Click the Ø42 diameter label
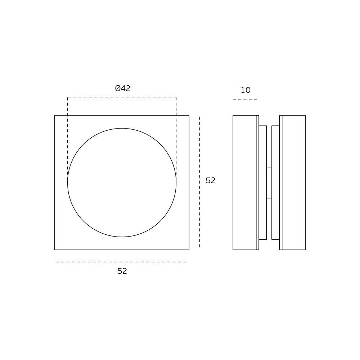tap(123, 89)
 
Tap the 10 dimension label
tap(246, 90)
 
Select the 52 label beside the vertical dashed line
tap(211, 180)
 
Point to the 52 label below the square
tap(122, 271)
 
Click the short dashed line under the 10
tap(245, 100)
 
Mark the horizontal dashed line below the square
tap(121, 262)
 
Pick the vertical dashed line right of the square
tap(199, 182)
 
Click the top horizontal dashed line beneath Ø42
tap(122, 98)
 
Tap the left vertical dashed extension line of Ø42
tap(68, 136)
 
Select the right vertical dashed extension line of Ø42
tap(176, 136)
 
